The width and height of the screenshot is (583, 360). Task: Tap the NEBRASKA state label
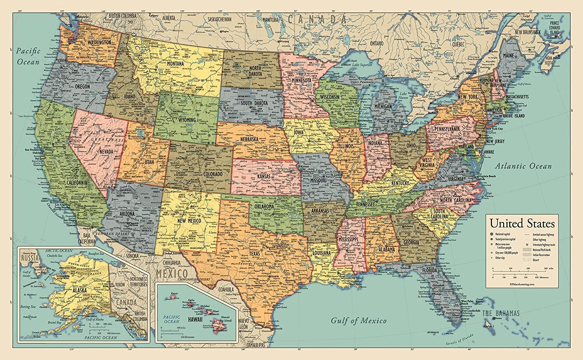coord(250,139)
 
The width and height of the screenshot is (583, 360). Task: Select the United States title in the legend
coord(522,224)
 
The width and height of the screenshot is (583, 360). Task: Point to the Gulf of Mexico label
coord(358,321)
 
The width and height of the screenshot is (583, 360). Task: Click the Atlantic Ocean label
coord(523,166)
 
